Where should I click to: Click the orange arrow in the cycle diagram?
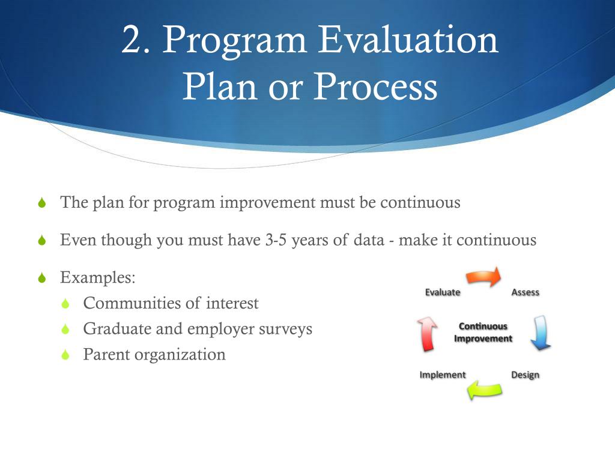[x=483, y=277]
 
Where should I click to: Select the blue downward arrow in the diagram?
[x=541, y=333]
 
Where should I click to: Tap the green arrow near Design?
[x=485, y=390]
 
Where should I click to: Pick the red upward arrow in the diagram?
[x=427, y=334]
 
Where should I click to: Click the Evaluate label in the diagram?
[x=443, y=292]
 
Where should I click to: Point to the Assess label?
[x=525, y=292]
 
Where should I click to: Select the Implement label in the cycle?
[x=443, y=375]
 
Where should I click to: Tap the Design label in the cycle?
[x=525, y=375]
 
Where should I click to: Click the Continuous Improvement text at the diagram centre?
[x=483, y=332]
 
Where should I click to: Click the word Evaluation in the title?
[x=408, y=40]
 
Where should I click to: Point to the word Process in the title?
[x=376, y=86]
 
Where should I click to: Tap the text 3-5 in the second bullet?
[x=276, y=240]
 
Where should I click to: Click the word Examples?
[x=98, y=277]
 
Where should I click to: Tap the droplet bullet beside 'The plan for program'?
[x=43, y=203]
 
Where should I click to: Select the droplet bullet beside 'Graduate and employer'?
[x=65, y=329]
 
